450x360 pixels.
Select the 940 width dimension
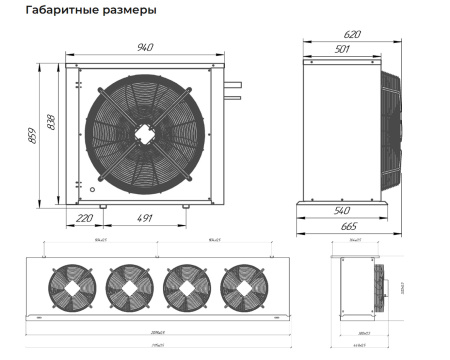146,47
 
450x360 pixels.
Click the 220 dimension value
83,217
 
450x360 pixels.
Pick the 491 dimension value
147,217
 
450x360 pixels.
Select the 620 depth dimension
351,34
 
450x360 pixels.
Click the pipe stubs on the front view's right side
233,90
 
